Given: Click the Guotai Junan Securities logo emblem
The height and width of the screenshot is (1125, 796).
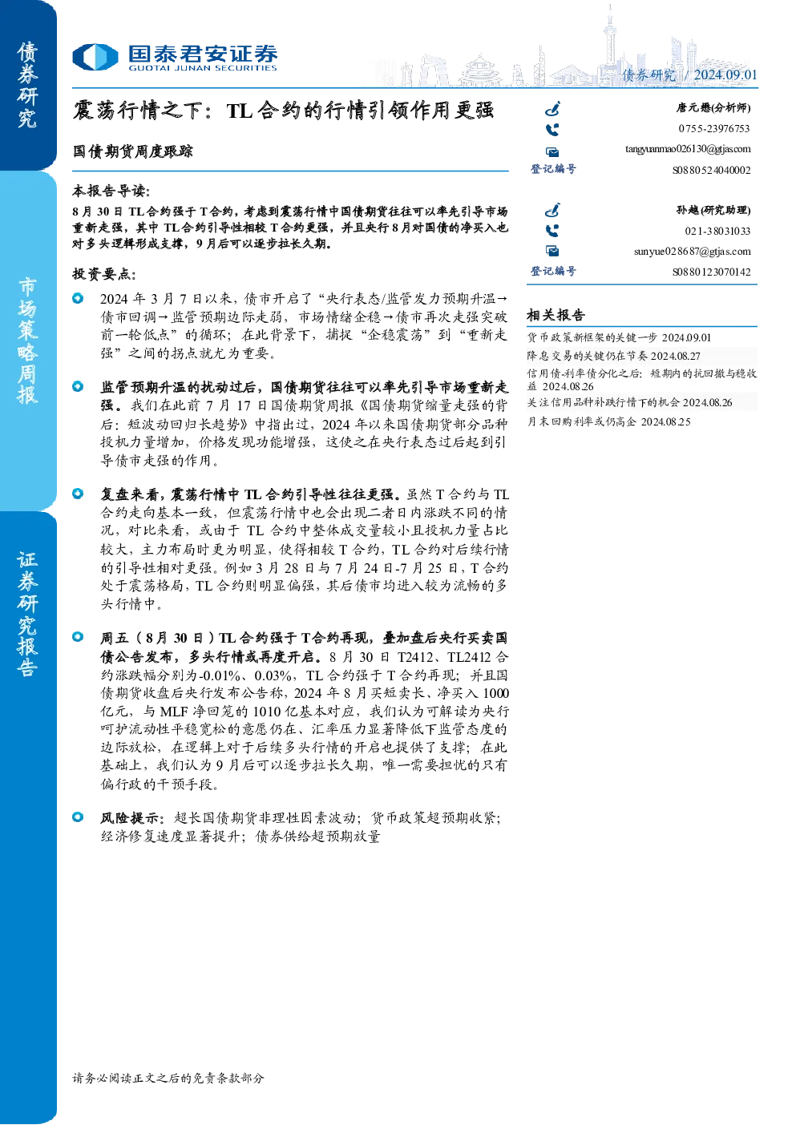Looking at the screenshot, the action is click(x=95, y=57).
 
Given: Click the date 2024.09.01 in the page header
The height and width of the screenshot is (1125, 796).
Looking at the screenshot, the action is click(x=725, y=75).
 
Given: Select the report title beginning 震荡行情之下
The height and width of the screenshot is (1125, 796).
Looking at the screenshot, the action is click(x=283, y=111).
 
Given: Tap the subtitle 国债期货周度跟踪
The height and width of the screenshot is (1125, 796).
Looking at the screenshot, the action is click(x=133, y=151).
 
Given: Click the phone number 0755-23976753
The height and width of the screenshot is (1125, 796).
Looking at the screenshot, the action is click(x=713, y=128).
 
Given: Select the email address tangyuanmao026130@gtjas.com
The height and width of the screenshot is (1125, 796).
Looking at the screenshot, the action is click(x=688, y=149).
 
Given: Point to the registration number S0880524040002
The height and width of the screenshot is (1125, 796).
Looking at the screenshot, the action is click(x=711, y=170).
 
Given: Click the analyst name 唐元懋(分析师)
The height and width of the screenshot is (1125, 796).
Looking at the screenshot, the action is click(x=713, y=107).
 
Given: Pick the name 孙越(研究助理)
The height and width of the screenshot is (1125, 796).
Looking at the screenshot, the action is click(x=713, y=210).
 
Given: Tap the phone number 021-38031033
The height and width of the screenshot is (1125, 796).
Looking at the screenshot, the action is click(x=717, y=231).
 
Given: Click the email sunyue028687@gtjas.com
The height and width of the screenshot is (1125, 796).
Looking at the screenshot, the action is click(x=692, y=251).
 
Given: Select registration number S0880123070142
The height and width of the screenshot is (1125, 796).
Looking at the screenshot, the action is click(x=711, y=272).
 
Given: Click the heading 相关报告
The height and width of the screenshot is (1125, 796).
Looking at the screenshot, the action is click(x=556, y=316).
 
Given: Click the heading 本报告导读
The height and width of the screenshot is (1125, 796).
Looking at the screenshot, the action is click(x=111, y=191).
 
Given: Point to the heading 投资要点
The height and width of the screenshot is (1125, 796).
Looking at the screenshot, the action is click(x=104, y=274).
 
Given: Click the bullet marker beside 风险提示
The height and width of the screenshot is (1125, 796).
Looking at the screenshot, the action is click(x=78, y=817).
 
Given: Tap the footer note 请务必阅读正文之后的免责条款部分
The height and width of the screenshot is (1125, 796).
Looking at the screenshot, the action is click(x=168, y=1078).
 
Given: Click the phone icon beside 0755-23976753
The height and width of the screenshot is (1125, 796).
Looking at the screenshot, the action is click(x=552, y=130).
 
